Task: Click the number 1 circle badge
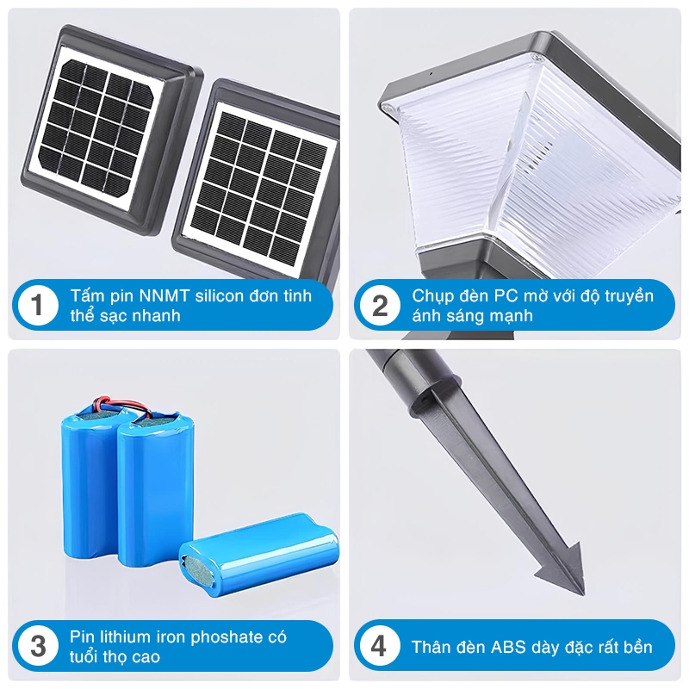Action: point(38,306)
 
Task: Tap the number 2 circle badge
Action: point(380,306)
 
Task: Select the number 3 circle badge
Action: point(38,647)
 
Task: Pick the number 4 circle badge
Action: point(380,647)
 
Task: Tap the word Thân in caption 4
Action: point(431,648)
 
